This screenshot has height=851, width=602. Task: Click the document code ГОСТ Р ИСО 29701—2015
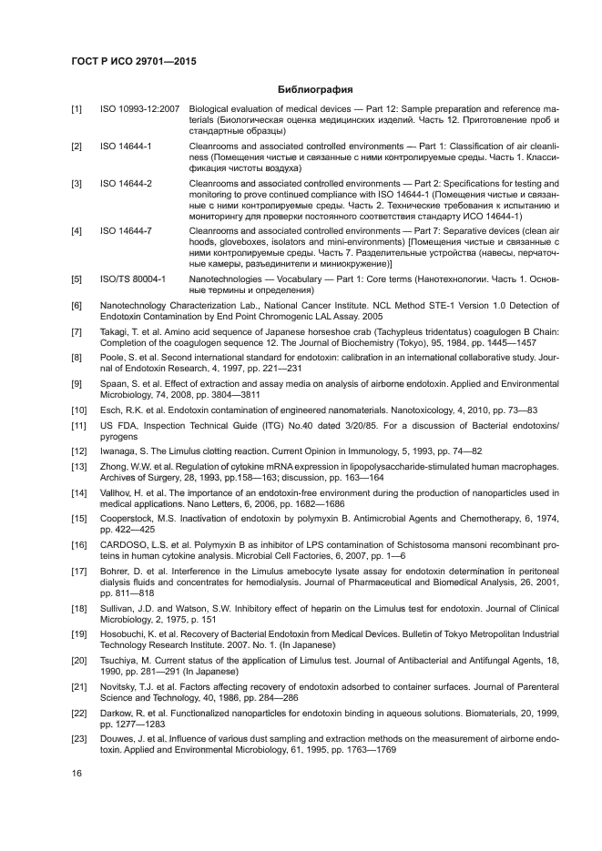(x=134, y=61)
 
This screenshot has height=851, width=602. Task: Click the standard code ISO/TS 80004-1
(x=133, y=279)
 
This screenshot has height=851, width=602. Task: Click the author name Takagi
(x=115, y=335)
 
